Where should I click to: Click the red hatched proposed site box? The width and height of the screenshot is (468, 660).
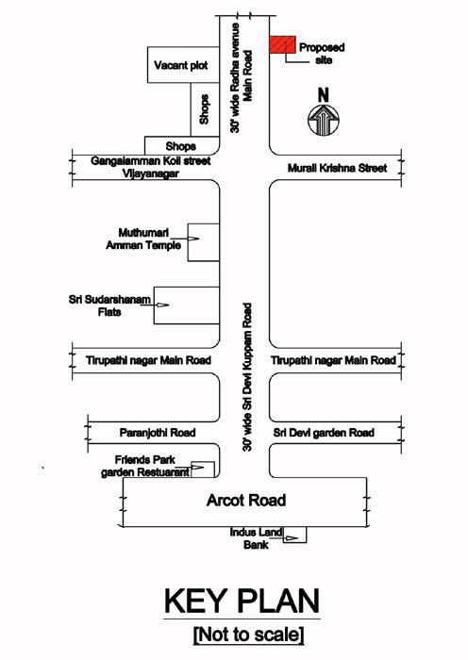282,45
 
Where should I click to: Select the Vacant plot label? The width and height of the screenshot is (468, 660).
180,66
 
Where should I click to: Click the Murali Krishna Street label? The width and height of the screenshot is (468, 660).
337,168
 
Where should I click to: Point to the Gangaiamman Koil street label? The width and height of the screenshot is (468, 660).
151,161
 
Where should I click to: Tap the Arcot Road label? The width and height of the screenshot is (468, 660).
245,500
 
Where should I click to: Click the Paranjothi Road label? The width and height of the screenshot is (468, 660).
158,432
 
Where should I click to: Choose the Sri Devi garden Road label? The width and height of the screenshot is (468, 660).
324,432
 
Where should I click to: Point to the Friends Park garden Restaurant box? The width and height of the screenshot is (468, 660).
201,469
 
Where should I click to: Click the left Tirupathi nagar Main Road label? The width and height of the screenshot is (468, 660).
149,360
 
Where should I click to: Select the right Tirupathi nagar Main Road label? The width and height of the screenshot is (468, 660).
333,360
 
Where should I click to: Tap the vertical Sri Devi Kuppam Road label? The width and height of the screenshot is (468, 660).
245,376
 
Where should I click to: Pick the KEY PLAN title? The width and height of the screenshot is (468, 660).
242,602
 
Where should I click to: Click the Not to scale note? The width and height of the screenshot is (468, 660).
248,635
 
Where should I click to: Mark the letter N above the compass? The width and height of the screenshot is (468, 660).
323,94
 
